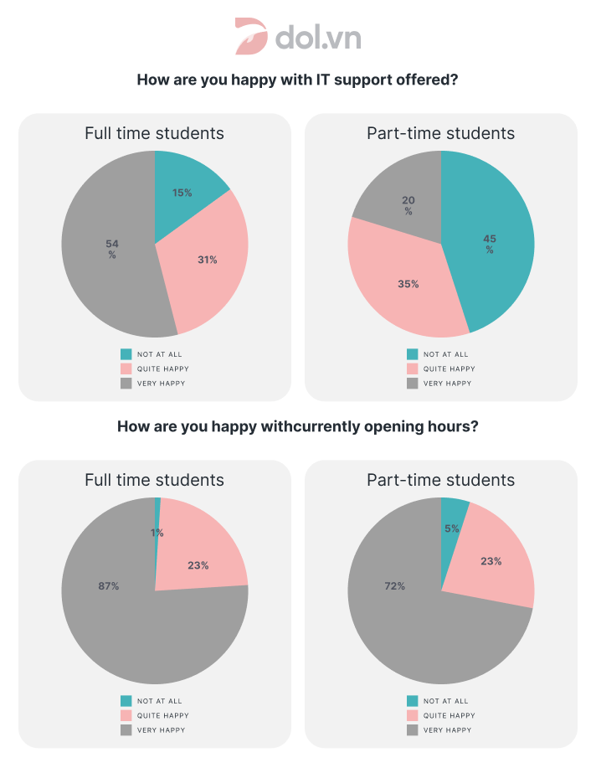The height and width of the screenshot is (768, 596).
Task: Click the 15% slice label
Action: tap(182, 193)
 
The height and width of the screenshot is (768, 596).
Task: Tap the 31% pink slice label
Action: tap(207, 260)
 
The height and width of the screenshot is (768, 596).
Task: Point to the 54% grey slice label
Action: tap(112, 249)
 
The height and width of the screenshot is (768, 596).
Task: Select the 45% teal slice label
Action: tap(490, 244)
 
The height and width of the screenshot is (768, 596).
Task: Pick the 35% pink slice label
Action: tap(408, 284)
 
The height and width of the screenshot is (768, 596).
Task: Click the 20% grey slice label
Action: tap(408, 206)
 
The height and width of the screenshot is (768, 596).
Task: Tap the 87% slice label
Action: tap(109, 586)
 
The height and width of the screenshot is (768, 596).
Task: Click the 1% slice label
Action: tap(157, 533)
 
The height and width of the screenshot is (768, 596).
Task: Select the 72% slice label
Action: tap(395, 586)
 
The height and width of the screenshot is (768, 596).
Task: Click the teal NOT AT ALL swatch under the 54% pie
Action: tap(126, 354)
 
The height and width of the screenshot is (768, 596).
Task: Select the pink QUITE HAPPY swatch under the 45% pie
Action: tap(413, 369)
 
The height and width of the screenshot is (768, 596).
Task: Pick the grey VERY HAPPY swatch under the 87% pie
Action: tap(126, 730)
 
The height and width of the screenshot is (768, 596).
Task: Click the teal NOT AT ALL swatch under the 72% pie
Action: tap(413, 701)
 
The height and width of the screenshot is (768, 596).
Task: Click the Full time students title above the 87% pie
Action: tap(154, 480)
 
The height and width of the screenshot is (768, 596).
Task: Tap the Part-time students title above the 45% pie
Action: tap(440, 133)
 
